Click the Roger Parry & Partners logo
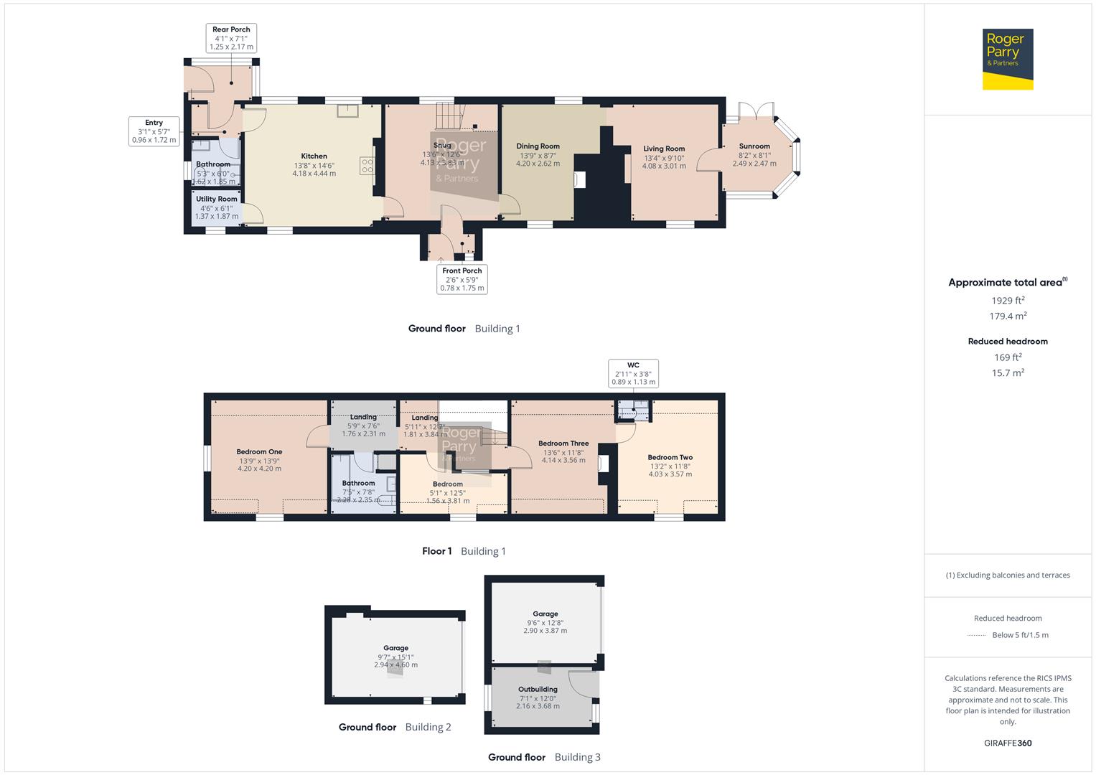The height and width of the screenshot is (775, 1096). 1007,59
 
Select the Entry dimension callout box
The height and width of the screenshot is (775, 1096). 154,131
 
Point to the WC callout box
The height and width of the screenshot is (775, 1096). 633,374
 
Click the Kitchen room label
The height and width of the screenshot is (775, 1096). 314,156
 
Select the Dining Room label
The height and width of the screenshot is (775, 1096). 538,146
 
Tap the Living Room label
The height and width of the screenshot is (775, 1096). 664,149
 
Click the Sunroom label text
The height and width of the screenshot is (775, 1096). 754,146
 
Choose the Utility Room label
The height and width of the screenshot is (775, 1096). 217,199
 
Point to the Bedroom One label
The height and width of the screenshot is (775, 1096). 259,452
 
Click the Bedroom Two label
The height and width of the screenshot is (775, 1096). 670,458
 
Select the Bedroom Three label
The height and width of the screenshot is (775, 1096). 563,443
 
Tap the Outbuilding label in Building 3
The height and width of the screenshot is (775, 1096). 538,690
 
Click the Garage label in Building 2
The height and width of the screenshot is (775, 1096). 395,648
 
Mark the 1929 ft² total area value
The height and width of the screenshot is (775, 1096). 1008,301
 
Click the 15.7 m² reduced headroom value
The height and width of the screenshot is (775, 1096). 1008,373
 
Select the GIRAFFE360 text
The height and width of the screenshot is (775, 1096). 1008,743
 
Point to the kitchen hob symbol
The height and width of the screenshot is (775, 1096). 367,166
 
